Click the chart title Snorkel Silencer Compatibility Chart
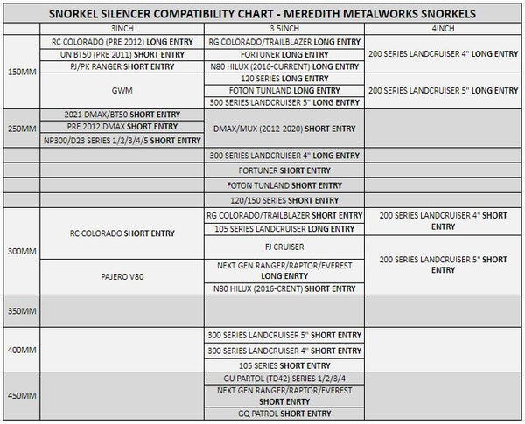(262, 13)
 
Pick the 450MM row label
(21, 396)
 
